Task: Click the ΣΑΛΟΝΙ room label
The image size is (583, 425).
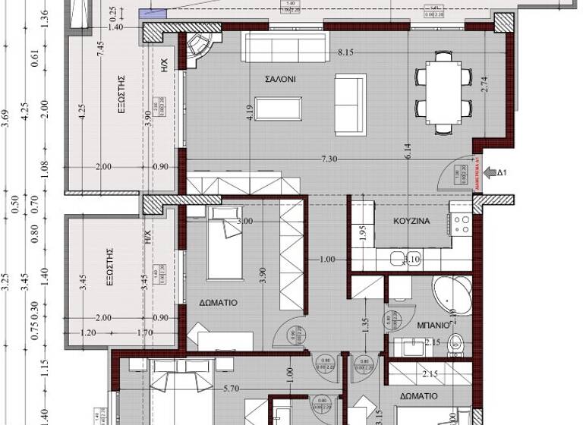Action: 279,79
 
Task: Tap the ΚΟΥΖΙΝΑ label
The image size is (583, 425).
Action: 412,222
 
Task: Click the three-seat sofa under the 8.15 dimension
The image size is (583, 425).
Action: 283,47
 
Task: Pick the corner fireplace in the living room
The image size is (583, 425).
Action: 201,45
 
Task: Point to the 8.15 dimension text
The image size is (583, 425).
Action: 346,53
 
